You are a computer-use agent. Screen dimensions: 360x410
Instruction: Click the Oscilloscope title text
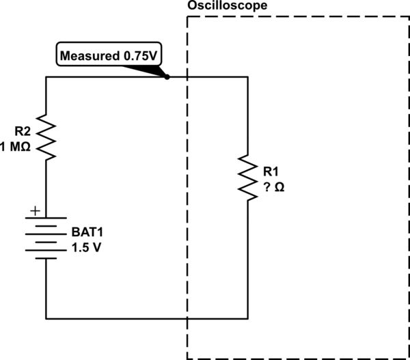click(226, 5)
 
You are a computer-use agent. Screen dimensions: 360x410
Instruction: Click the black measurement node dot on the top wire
click(167, 77)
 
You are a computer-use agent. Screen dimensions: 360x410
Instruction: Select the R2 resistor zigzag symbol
click(46, 137)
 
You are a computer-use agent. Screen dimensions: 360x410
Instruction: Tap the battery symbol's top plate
click(46, 219)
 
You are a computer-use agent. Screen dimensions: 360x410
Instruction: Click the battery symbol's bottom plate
click(46, 259)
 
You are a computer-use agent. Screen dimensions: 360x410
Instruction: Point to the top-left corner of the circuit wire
click(46, 77)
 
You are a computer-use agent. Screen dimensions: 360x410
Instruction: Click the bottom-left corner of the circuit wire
click(46, 318)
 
